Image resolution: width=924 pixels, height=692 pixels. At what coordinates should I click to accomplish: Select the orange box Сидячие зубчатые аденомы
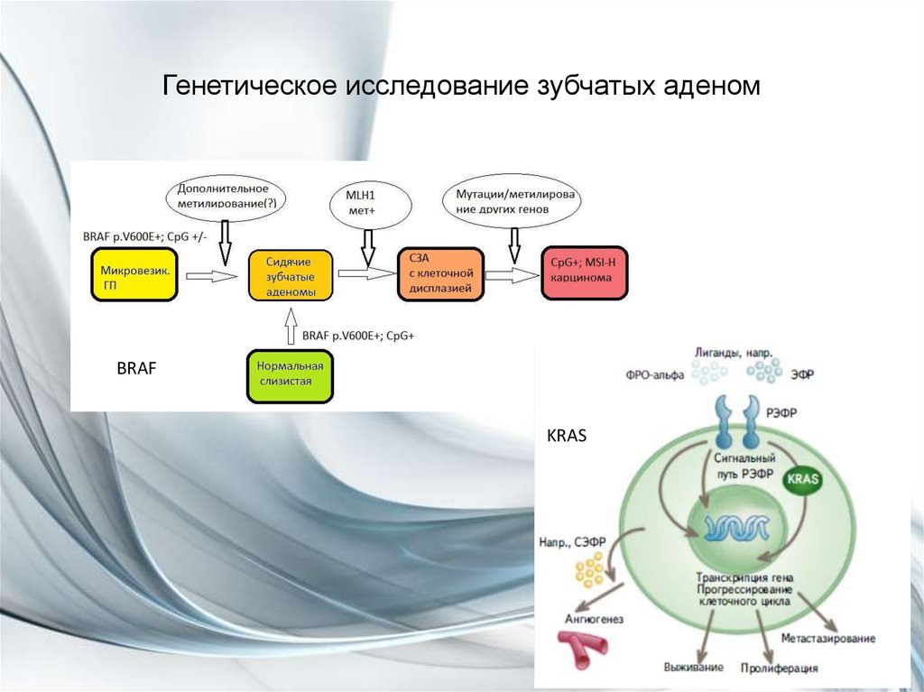(x=291, y=275)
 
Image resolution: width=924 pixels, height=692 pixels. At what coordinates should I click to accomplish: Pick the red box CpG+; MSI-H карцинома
(x=582, y=272)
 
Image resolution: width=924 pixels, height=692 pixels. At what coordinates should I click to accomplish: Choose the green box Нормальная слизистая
(x=290, y=375)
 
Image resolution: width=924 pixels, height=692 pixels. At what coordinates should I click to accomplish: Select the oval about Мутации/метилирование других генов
(x=514, y=200)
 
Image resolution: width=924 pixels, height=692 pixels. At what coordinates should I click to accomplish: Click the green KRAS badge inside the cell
(x=801, y=479)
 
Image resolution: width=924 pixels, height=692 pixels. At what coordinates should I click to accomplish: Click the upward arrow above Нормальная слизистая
(x=290, y=326)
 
